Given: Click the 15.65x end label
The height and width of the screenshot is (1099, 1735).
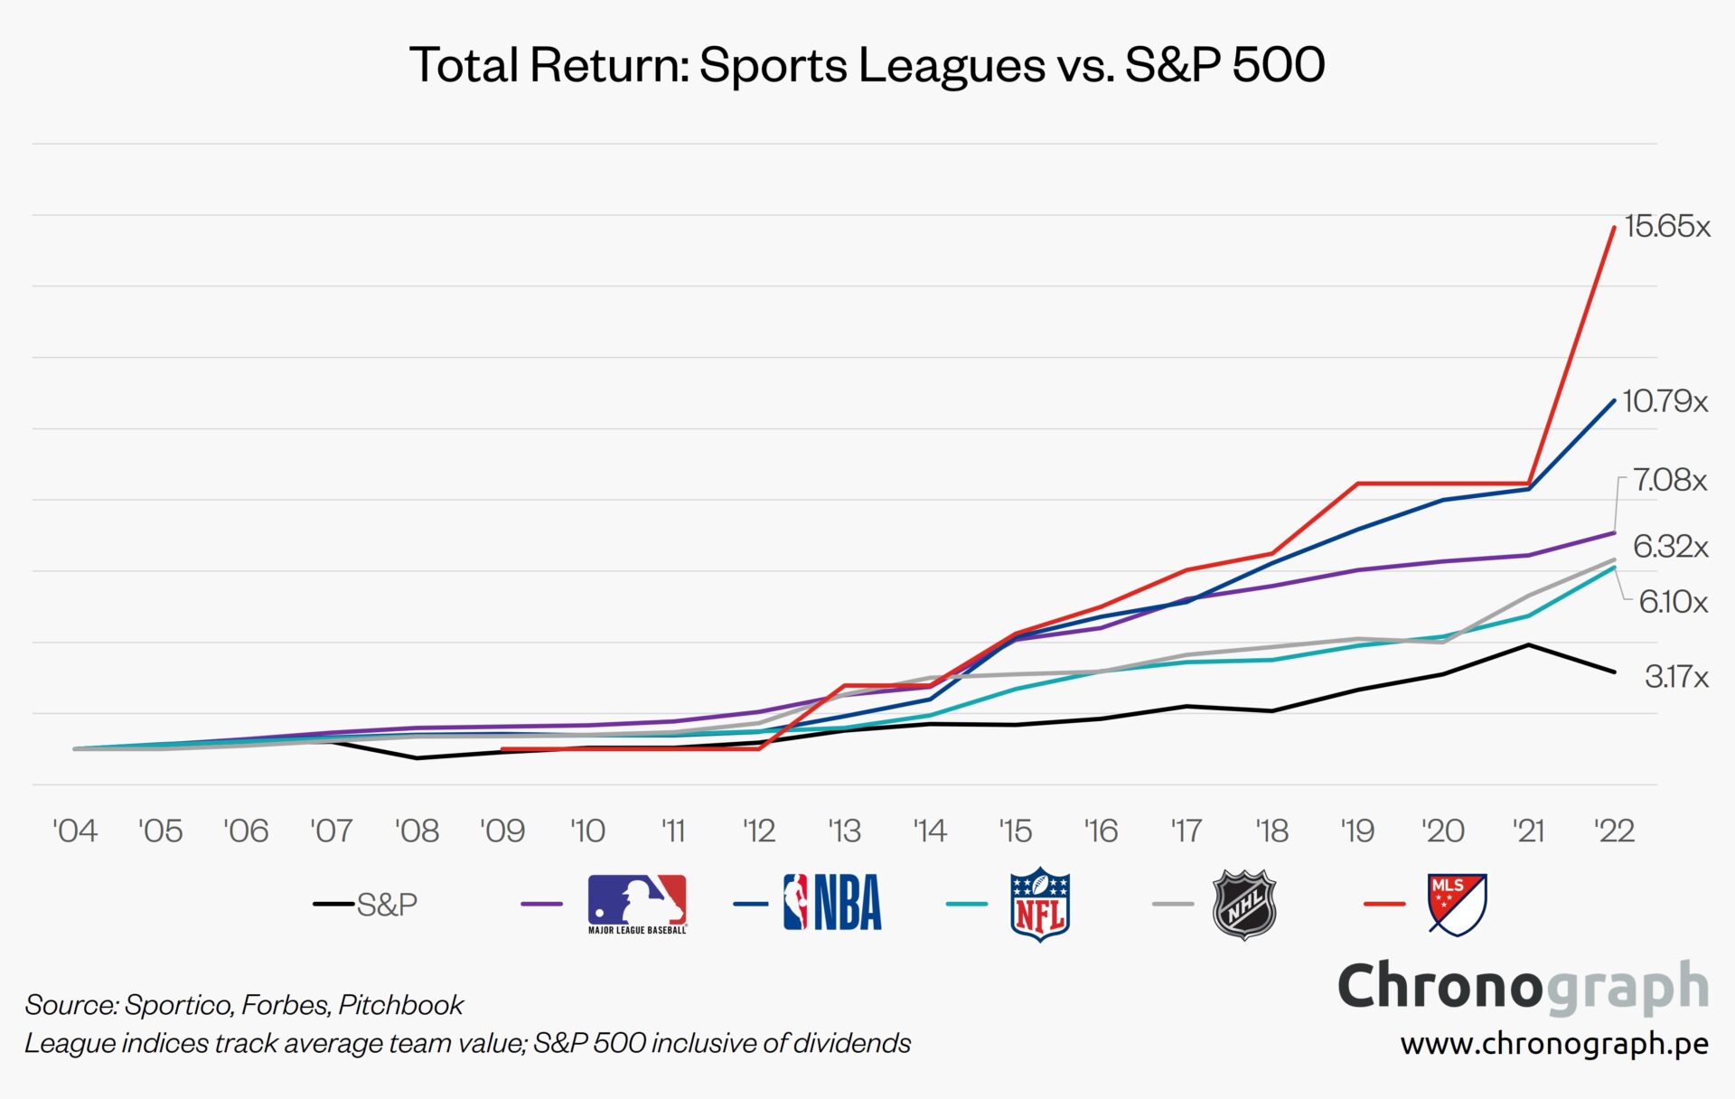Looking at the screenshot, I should (1666, 226).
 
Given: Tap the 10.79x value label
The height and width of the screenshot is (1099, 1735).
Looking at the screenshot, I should (1665, 401).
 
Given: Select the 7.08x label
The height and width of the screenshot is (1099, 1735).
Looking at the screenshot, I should (1669, 480).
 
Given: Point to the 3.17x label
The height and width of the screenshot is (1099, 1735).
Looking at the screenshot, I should (1676, 677).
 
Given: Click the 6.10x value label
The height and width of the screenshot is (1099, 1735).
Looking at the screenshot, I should (1673, 602).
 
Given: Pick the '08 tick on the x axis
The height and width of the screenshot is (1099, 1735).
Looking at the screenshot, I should (417, 831).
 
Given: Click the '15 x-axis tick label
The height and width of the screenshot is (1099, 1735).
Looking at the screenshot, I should (1015, 831).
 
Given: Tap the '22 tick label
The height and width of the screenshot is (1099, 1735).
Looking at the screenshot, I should (1614, 831).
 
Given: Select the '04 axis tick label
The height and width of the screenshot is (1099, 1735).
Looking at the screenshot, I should (75, 831).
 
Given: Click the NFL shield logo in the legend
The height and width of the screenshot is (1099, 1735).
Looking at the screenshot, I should (1040, 904).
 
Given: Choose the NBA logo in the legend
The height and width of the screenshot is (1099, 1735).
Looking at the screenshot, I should (832, 902).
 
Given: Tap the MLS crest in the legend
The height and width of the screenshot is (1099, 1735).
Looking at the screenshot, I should (1457, 904).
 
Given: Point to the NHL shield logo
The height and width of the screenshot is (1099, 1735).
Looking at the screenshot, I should (1244, 904).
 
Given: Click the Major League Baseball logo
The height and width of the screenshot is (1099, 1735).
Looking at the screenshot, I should (637, 903).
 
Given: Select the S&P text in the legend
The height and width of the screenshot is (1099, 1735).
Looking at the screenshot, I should (387, 905).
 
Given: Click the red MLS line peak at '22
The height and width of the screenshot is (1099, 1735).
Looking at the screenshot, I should (1614, 228).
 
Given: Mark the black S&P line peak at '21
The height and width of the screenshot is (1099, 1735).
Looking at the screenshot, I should (1528, 645).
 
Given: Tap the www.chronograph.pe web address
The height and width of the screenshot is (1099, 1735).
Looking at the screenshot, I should (1554, 1044).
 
